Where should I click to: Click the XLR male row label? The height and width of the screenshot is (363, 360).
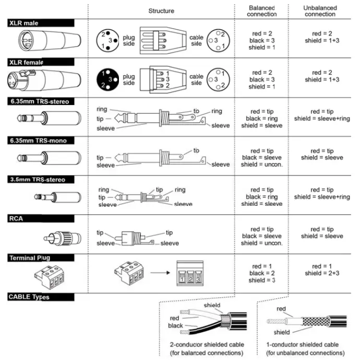(23, 23)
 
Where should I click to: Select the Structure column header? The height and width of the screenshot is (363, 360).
(161, 11)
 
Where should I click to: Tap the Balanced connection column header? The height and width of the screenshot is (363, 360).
(262, 11)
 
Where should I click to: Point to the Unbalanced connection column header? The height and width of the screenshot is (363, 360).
(319, 11)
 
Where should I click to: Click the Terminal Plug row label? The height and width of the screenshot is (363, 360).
(29, 257)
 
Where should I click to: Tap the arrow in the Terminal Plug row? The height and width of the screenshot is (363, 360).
(158, 272)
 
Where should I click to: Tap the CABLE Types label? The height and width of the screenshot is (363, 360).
(29, 297)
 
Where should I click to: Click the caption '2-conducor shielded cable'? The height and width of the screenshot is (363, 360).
(207, 345)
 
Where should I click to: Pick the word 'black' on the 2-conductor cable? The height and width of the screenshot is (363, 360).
(175, 325)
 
